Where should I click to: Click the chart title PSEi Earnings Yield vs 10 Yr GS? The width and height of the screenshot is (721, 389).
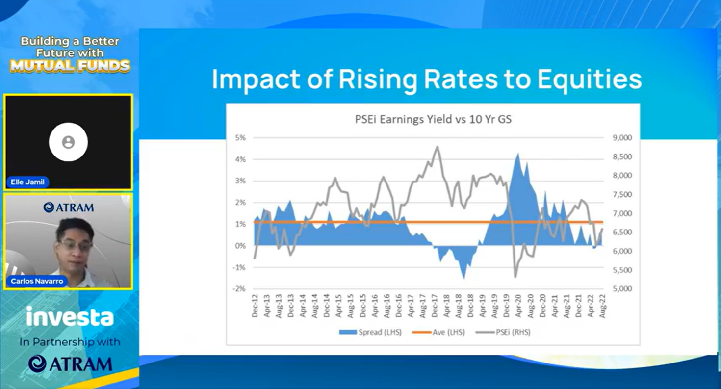[x=433, y=119]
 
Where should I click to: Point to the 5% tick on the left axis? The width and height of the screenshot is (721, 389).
[x=240, y=138]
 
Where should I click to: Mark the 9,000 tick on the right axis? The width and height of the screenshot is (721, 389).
[x=622, y=138]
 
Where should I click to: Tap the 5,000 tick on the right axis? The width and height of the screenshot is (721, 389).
[x=622, y=289]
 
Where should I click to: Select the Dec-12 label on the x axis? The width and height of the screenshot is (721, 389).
[x=255, y=307]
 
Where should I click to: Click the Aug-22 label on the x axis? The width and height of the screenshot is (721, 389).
[x=602, y=307]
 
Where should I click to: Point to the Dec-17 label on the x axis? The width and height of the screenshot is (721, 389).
[x=436, y=307]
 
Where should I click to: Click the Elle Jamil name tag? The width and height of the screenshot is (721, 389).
[x=28, y=182]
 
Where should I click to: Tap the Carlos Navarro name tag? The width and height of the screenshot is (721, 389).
[x=36, y=282]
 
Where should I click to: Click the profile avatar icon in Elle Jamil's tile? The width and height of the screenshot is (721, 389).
[x=68, y=142]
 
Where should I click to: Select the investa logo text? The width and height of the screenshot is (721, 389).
[x=70, y=318]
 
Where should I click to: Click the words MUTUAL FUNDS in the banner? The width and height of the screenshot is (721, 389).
[x=70, y=66]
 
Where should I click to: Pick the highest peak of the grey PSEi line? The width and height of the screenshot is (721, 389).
[x=437, y=147]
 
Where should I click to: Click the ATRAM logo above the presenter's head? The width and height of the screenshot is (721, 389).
[x=68, y=207]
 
